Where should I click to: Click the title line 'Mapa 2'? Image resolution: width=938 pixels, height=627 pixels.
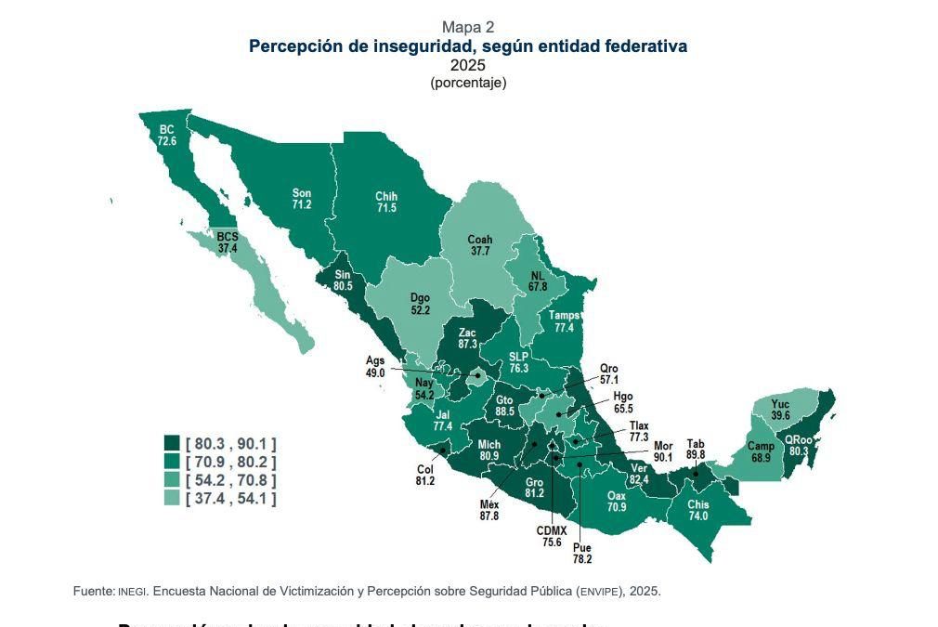point(468,27)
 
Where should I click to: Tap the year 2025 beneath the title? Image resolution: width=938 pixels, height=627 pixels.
point(468,66)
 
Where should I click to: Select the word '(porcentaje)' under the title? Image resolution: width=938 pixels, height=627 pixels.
point(468,83)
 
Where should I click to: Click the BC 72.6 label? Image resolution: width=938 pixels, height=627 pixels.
point(167,136)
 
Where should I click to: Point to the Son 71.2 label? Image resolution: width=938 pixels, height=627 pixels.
point(302,198)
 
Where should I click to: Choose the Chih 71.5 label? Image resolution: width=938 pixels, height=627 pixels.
point(386,202)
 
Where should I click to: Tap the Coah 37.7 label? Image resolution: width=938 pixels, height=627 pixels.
point(480,245)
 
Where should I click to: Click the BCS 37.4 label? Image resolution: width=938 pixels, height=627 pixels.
point(228,243)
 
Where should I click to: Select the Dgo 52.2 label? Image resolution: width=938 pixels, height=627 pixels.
point(420,304)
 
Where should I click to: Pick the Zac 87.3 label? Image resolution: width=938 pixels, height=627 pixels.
point(467,338)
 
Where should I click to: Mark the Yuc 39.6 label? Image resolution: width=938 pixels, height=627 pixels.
point(780,410)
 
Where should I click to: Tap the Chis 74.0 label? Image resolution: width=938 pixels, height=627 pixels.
point(698,510)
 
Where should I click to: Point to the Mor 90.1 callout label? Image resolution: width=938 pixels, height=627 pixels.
point(663,451)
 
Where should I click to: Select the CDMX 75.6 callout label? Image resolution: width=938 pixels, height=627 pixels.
point(552,536)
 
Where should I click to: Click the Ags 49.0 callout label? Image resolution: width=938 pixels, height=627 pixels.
point(375,367)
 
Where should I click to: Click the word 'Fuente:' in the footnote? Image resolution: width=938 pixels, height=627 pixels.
point(94,591)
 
